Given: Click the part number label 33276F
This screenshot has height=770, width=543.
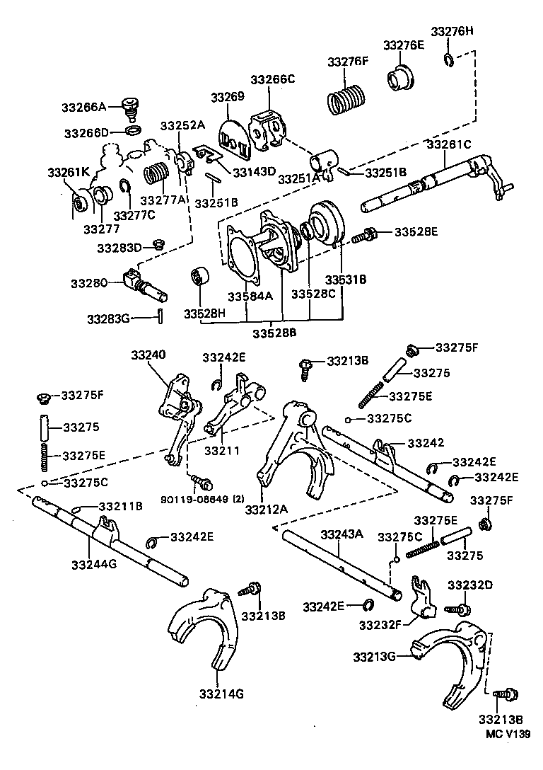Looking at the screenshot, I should (x=348, y=62).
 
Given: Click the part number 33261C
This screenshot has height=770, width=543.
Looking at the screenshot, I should (x=448, y=144).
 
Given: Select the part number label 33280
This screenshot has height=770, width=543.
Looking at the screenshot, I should (x=88, y=283).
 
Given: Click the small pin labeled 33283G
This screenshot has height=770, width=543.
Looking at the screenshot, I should (x=161, y=318).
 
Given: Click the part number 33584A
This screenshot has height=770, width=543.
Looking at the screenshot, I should (x=249, y=297).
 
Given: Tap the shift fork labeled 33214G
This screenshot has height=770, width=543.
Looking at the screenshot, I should (x=204, y=626).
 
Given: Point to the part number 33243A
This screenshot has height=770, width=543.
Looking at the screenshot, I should (x=342, y=534).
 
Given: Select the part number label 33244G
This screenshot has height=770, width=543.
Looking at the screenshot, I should (x=94, y=564).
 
